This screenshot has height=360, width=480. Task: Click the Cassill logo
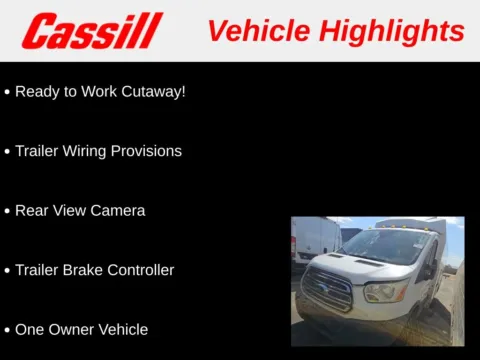(x=92, y=31)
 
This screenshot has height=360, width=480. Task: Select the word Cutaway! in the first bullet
(x=152, y=91)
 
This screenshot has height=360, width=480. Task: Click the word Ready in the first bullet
(x=37, y=91)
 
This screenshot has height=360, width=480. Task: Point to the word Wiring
(x=95, y=151)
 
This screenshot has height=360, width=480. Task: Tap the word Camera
(x=118, y=211)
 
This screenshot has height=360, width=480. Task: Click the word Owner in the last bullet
(x=67, y=329)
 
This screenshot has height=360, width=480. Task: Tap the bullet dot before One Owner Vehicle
(x=7, y=330)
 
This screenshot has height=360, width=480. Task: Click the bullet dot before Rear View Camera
(x=7, y=212)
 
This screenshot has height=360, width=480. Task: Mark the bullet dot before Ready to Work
(x=7, y=92)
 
